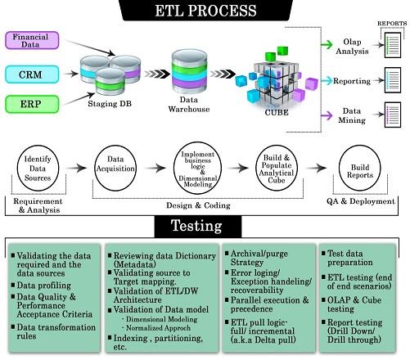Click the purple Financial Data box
tap(32, 40)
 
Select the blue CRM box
tap(32, 74)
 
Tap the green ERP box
tap(32, 104)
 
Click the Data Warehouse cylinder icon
tap(189, 72)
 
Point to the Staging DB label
tap(110, 104)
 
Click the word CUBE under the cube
tap(277, 112)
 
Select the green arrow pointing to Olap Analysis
tap(327, 44)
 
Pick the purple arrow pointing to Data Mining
tap(327, 115)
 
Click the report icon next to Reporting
tap(393, 80)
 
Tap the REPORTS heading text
tap(392, 24)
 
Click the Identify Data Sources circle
tap(38, 168)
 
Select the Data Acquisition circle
tap(115, 168)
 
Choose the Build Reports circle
tap(359, 168)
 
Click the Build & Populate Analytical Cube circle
tap(277, 168)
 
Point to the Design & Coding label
tap(198, 205)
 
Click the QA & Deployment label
tap(361, 201)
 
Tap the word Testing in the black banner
tap(196, 226)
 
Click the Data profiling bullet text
tap(43, 286)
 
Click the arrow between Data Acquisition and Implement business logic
tap(155, 168)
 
